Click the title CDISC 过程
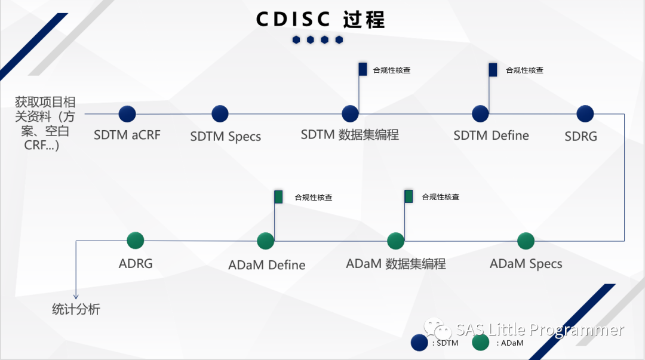(321, 20)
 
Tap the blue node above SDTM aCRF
(127, 114)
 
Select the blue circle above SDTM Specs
(220, 114)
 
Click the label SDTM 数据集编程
(349, 135)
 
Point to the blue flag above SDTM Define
(493, 70)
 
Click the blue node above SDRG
(585, 114)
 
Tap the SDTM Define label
(491, 136)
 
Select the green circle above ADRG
(136, 241)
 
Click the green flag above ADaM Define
(278, 197)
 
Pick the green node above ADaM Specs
(526, 241)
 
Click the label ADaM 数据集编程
(395, 263)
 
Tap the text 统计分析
(76, 309)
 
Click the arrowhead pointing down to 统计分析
(76, 296)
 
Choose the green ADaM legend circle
(480, 343)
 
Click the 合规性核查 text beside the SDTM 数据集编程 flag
(392, 70)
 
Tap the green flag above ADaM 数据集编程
(408, 196)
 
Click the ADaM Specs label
(526, 264)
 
